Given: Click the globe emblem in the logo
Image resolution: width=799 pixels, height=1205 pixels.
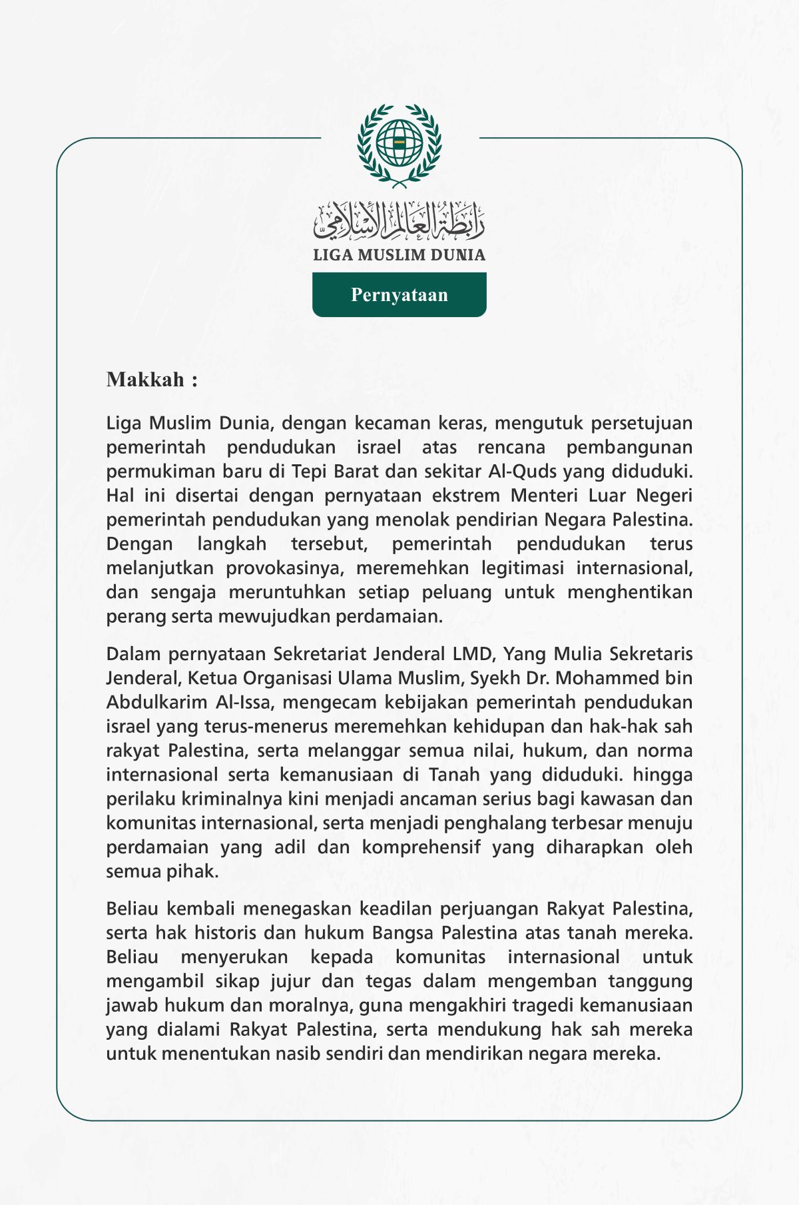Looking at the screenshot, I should (x=399, y=143).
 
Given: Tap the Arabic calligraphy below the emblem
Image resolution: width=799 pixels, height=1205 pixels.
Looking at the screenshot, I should (x=399, y=221).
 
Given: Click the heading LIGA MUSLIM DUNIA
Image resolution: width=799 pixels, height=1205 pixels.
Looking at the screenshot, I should (x=399, y=255).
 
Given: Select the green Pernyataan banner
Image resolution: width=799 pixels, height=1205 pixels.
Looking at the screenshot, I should (x=399, y=294).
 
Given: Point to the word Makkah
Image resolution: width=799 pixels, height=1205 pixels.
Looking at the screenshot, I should (x=146, y=380).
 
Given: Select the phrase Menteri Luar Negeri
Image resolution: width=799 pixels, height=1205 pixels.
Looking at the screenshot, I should (x=601, y=496).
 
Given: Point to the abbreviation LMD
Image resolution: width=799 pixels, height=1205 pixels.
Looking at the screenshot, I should (x=471, y=654).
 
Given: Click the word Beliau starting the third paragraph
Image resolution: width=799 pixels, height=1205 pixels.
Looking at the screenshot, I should (x=133, y=909).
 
